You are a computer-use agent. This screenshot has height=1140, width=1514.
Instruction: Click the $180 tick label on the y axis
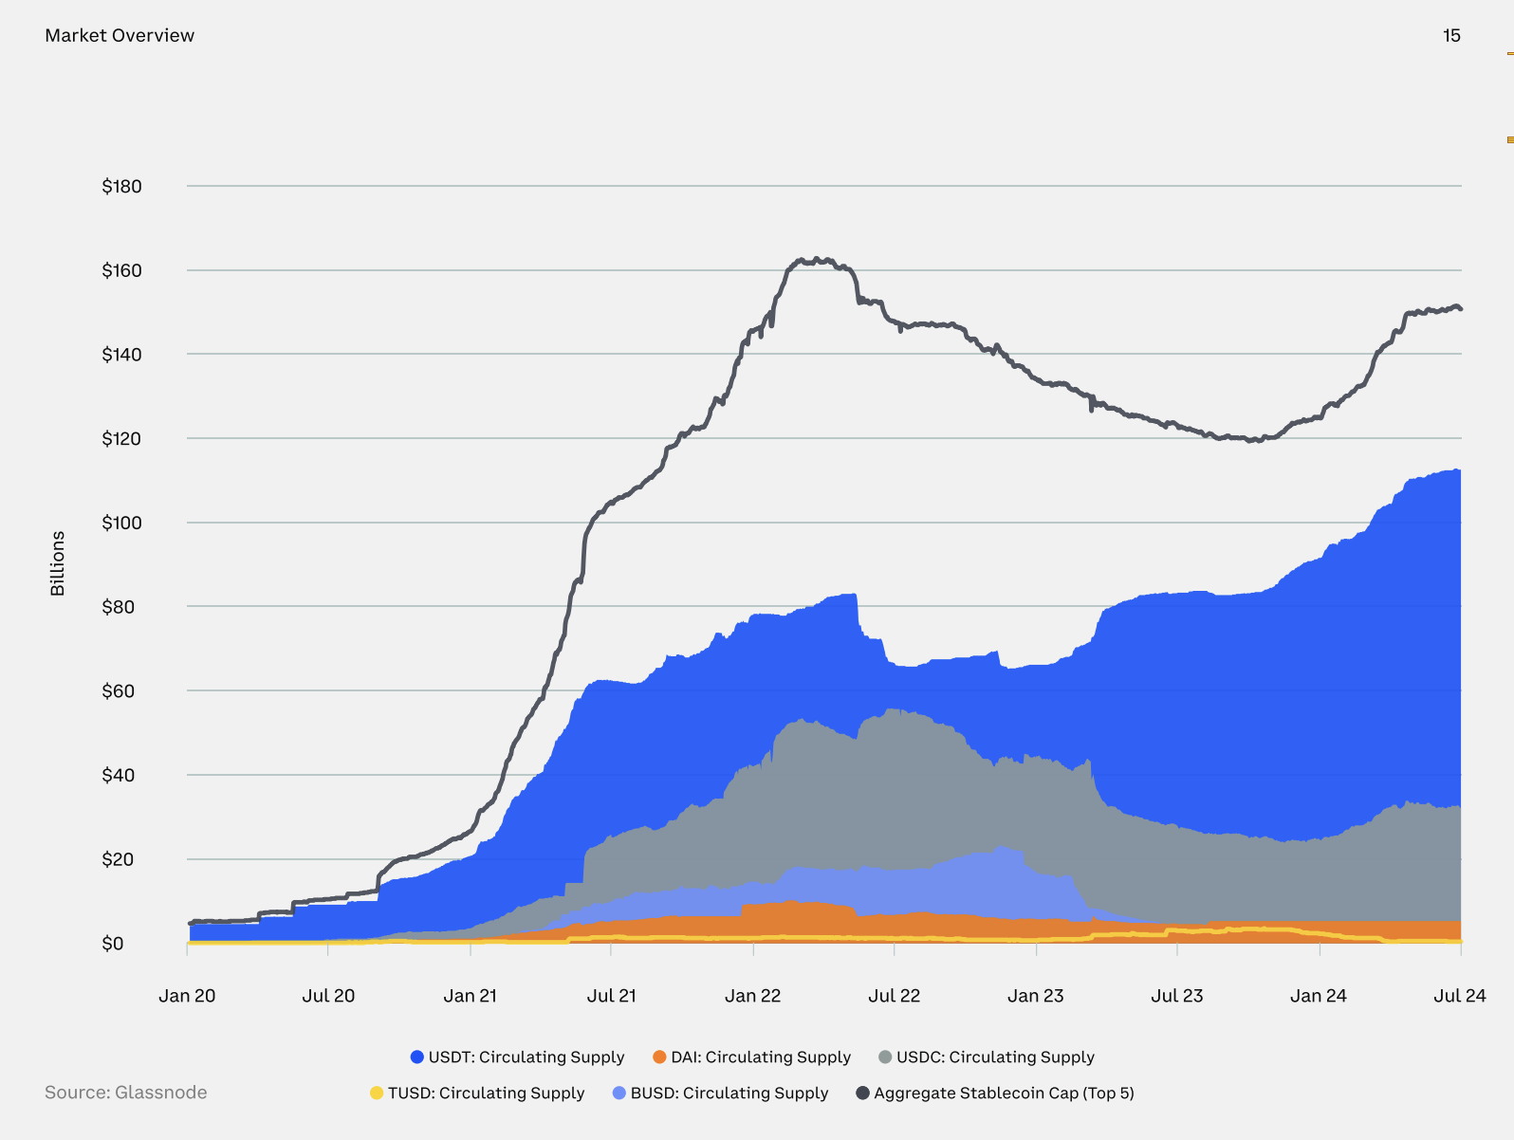[x=121, y=186]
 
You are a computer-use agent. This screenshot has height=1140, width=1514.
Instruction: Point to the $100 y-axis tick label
[x=121, y=523]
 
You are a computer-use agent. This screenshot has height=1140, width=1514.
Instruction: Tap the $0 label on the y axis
[x=112, y=944]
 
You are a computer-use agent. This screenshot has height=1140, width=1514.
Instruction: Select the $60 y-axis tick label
[x=119, y=690]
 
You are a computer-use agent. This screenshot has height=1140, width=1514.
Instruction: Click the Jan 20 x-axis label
[x=187, y=996]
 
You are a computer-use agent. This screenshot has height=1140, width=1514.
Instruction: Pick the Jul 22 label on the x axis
[x=894, y=996]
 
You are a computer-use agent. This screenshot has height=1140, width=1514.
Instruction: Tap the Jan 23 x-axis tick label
[x=1035, y=996]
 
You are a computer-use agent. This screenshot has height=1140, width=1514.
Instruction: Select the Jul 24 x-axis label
[x=1459, y=996]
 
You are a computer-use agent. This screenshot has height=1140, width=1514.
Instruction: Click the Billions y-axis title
[x=58, y=563]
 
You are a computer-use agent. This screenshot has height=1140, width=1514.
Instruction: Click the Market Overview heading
[x=120, y=35]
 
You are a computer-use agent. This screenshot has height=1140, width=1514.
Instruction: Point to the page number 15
[x=1451, y=35]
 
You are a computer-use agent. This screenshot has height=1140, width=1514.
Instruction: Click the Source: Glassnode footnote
[x=125, y=1093]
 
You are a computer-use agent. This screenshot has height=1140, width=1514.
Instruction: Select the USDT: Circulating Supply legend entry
[x=517, y=1057]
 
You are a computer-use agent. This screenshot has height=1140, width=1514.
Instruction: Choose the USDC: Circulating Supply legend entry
[x=987, y=1057]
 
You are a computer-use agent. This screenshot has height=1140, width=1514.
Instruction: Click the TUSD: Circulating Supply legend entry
[x=477, y=1093]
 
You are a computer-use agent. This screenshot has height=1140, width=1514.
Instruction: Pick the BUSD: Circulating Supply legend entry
[x=720, y=1093]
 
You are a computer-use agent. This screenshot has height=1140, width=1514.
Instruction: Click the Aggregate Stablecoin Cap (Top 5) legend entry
[x=995, y=1093]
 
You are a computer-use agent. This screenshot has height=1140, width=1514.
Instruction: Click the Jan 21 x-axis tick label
[x=470, y=996]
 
